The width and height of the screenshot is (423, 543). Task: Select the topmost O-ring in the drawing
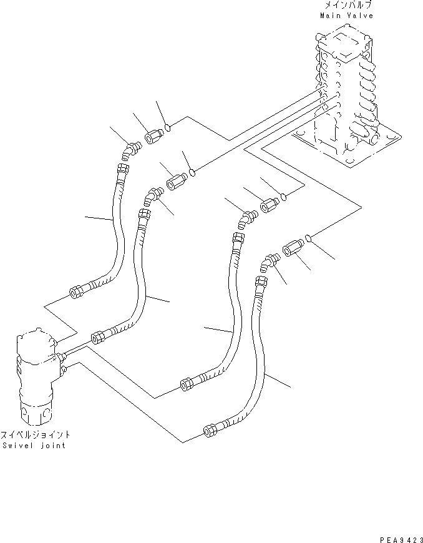point(168,129)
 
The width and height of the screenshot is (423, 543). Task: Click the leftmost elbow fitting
point(132,150)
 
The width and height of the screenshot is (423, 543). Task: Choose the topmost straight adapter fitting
point(153,135)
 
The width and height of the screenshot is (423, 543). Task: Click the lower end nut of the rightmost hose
point(210,429)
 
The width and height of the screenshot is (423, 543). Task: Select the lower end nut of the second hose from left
point(99,338)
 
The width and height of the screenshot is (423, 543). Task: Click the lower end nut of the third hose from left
point(186,384)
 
